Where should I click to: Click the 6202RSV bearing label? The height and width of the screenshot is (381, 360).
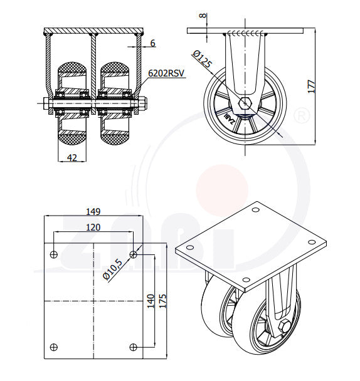[166, 73]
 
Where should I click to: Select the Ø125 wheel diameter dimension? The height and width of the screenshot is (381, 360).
[202, 59]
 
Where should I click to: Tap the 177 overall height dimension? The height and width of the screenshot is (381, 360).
[311, 86]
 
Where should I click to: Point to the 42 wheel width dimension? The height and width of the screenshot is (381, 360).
[71, 158]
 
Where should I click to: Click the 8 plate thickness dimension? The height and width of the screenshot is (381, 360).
[203, 16]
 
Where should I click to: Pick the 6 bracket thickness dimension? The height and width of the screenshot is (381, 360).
[153, 43]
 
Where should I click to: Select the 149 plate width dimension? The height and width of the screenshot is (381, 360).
[93, 212]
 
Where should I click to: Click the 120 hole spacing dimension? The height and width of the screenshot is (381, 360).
[93, 227]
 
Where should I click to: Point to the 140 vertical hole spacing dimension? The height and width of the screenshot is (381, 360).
[151, 301]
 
